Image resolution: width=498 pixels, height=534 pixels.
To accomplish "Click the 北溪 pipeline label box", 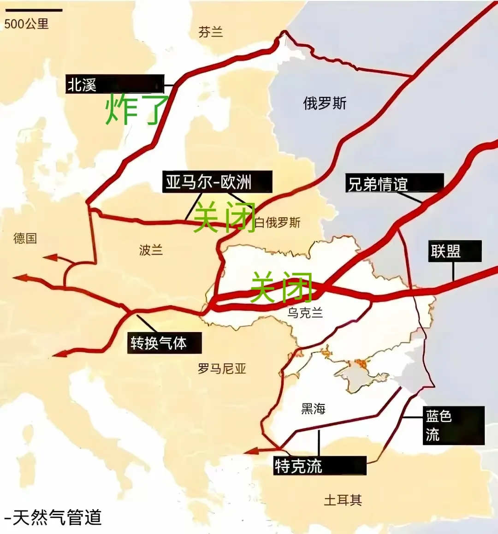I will click(114, 84).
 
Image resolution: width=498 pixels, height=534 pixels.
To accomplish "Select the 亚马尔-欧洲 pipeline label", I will click(217, 182).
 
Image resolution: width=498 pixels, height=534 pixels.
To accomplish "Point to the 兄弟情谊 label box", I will click(394, 183).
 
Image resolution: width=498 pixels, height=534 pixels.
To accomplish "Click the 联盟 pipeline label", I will click(455, 251).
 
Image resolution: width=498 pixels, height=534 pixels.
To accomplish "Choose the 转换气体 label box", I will click(164, 343).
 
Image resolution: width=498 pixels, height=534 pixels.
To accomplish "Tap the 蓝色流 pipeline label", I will click(453, 425).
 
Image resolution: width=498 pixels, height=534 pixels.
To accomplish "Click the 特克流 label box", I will click(320, 466).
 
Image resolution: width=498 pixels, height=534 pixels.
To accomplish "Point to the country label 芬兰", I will click(211, 32).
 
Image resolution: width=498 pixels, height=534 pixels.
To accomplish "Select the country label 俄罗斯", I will click(325, 103).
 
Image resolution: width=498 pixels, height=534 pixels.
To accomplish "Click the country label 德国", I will click(25, 238).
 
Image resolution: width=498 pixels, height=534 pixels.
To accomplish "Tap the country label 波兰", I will click(151, 250).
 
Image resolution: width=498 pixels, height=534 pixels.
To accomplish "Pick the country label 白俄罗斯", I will click(278, 223).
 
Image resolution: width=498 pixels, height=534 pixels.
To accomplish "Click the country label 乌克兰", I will click(305, 313).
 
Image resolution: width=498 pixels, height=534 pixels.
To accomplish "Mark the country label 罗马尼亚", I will click(222, 368).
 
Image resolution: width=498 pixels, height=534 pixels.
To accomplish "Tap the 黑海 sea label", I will click(314, 409).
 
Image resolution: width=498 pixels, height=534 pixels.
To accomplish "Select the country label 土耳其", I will click(343, 500).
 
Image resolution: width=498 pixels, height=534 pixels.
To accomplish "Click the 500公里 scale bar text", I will click(27, 24).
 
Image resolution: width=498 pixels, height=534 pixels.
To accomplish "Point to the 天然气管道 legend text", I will click(53, 517).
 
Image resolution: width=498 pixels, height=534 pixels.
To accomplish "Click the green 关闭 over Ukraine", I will click(281, 287).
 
